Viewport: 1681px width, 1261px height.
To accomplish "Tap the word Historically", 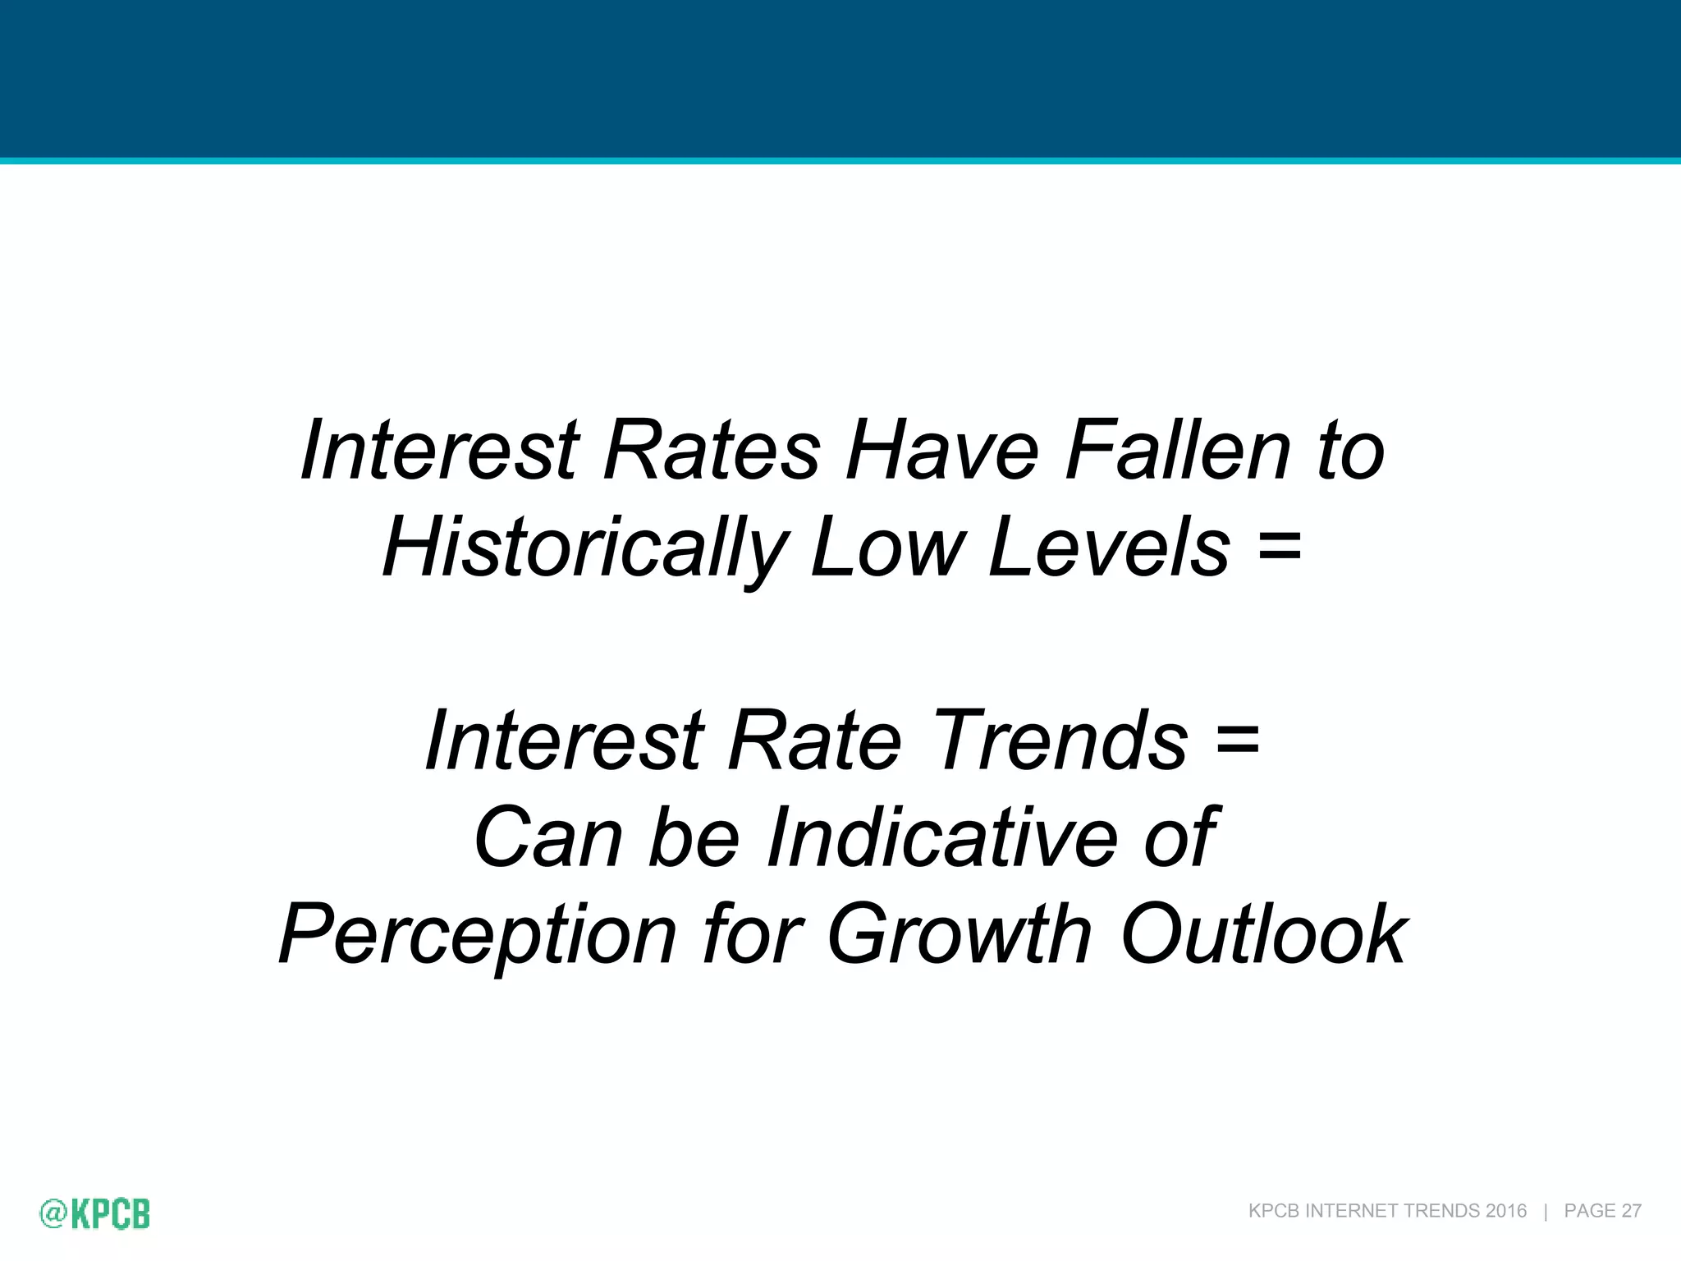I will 584,548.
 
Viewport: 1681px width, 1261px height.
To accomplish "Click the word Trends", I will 1060,740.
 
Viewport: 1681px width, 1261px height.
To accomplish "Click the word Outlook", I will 1264,934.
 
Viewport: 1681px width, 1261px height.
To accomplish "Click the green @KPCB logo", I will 95,1213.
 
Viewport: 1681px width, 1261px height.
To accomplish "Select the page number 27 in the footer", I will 1631,1211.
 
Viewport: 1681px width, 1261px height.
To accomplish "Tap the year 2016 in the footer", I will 1505,1211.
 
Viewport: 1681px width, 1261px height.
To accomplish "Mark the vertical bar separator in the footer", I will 1546,1211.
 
